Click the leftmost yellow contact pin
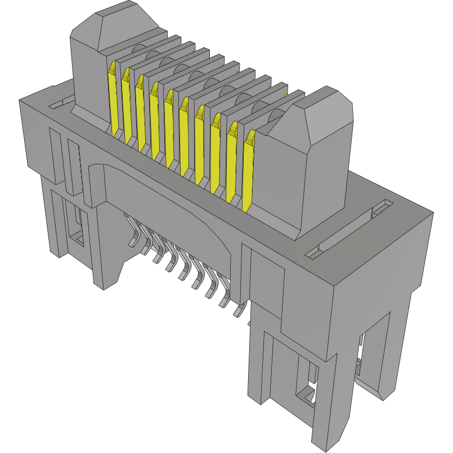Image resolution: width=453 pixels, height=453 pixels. click(x=113, y=98)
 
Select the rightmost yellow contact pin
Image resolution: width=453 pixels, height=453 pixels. click(x=248, y=169)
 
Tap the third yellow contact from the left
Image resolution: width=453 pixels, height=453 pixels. click(x=142, y=113)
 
